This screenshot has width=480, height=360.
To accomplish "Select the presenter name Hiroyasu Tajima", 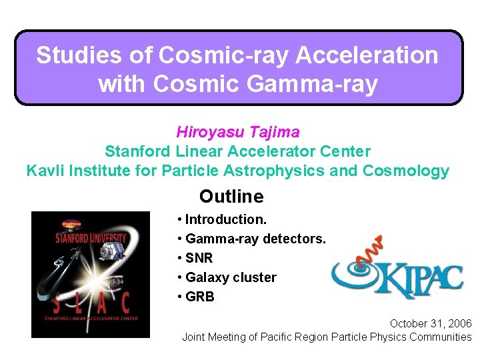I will tap(237, 132).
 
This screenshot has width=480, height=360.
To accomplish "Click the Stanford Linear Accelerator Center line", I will tap(237, 151).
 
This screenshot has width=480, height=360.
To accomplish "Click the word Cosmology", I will tap(406, 171).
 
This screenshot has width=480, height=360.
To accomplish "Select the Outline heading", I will tap(231, 197).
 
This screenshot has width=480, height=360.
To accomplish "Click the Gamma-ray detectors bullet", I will tap(255, 239).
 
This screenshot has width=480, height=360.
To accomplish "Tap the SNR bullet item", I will tap(199, 258).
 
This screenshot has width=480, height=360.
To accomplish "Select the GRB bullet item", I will tap(199, 297).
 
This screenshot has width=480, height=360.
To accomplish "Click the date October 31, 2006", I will tap(431, 323).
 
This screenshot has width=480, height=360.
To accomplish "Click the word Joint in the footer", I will tap(195, 337).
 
